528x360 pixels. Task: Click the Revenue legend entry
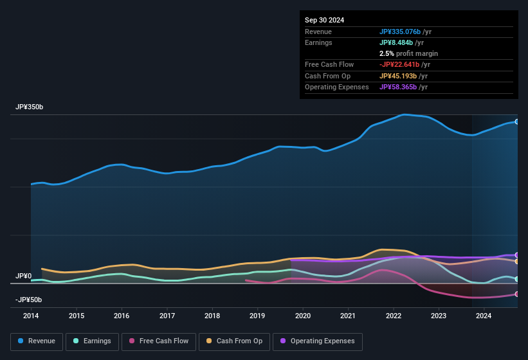pyautogui.click(x=37, y=341)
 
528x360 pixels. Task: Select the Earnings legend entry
pyautogui.click(x=93, y=341)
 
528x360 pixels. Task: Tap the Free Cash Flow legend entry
pyautogui.click(x=159, y=341)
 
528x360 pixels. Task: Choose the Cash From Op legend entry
pyautogui.click(x=235, y=341)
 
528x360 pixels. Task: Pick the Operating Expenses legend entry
pyautogui.click(x=318, y=341)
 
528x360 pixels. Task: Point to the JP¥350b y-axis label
pyautogui.click(x=30, y=107)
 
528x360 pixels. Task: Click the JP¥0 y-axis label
pyautogui.click(x=23, y=276)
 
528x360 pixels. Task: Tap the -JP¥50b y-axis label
pyautogui.click(x=28, y=300)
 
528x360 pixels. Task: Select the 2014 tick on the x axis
pyautogui.click(x=31, y=316)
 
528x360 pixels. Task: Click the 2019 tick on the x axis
pyautogui.click(x=257, y=316)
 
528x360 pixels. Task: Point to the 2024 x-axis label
pyautogui.click(x=484, y=316)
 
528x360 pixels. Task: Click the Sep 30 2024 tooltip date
pyautogui.click(x=324, y=20)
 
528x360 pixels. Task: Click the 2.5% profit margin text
pyautogui.click(x=408, y=53)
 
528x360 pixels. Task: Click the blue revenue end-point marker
pyautogui.click(x=516, y=122)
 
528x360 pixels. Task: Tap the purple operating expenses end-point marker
pyautogui.click(x=516, y=255)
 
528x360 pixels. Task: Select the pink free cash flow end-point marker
pyautogui.click(x=516, y=294)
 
